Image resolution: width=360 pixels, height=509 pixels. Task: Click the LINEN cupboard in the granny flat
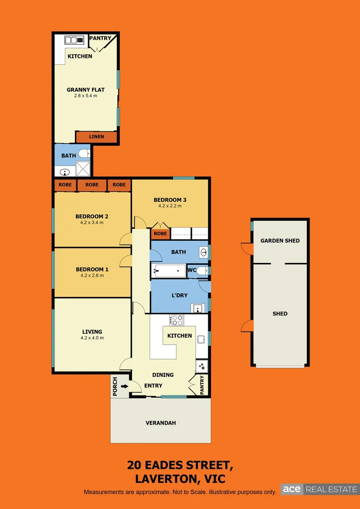(96, 137)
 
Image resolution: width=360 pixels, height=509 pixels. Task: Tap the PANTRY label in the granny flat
(100, 38)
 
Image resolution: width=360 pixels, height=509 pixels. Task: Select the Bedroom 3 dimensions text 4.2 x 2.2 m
(170, 205)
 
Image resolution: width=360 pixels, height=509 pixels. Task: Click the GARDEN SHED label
(280, 240)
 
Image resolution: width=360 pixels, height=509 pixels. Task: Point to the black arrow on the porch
(124, 386)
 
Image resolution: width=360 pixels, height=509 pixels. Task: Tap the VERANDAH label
(161, 423)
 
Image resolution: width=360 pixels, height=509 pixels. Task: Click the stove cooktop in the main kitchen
(177, 320)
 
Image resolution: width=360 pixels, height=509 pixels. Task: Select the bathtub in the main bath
(170, 271)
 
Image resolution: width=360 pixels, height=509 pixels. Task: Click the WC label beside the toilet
(191, 270)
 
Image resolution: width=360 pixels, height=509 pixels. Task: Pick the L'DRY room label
(179, 296)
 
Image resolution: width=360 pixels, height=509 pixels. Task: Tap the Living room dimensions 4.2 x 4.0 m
(92, 337)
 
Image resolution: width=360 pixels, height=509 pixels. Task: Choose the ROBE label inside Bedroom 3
(160, 233)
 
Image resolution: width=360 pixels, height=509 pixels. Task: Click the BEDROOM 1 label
(92, 269)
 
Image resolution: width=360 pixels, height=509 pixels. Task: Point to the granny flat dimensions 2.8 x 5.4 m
(85, 96)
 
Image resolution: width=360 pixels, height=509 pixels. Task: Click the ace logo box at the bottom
(292, 489)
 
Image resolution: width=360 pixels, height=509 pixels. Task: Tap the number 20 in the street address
(134, 465)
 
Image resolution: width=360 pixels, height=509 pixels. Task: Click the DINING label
(163, 375)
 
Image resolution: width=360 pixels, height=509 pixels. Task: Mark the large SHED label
(280, 313)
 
